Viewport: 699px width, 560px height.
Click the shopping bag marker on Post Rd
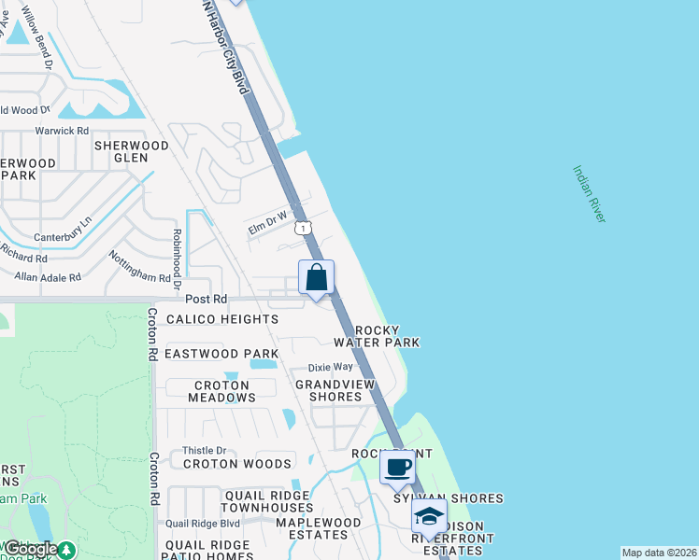tap(316, 278)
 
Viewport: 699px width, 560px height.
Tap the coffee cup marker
tap(398, 466)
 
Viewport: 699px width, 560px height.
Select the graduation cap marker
tap(429, 515)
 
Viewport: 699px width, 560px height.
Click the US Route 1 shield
tap(302, 228)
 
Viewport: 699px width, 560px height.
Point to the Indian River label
tap(590, 194)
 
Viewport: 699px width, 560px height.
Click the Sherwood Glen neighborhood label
tap(132, 151)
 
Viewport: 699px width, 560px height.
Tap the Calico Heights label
tap(222, 319)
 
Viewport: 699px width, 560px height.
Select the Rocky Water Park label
tap(383, 336)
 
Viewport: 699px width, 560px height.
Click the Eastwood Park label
tap(221, 354)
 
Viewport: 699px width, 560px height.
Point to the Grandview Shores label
tap(328, 390)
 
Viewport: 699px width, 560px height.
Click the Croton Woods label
tap(237, 464)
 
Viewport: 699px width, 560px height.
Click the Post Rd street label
tap(207, 300)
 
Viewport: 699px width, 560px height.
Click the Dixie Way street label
tap(333, 367)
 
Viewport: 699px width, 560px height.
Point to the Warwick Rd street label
tap(62, 131)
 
